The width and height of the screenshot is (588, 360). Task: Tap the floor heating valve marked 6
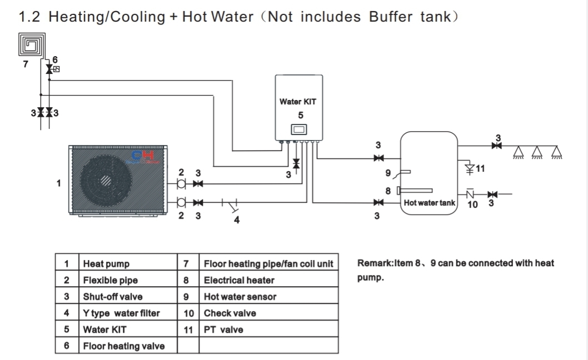(49, 69)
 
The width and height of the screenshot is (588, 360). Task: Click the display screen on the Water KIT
(299, 130)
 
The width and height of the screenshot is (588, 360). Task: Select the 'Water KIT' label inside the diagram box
(297, 102)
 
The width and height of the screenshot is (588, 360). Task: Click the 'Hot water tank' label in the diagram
(429, 203)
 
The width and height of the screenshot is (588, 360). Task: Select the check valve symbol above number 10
(470, 194)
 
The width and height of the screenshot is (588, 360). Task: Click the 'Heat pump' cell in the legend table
(106, 264)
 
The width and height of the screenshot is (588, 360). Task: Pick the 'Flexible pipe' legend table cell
(110, 280)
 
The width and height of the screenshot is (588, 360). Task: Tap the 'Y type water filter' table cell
(121, 313)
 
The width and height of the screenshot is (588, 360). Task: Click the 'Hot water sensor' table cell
(240, 297)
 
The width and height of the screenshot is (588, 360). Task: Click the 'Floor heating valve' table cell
(123, 346)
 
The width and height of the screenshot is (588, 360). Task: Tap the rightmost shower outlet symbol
(556, 152)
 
